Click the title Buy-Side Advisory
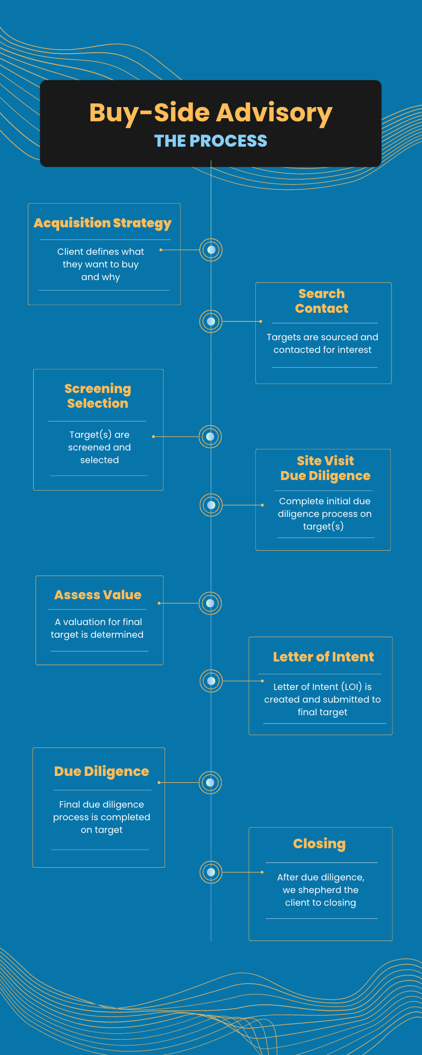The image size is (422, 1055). click(210, 113)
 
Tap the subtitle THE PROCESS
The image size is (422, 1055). click(210, 141)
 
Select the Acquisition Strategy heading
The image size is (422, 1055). click(103, 223)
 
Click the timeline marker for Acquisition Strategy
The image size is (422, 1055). click(211, 250)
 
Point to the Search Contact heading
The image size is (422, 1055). click(322, 301)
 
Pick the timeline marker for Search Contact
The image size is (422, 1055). click(211, 321)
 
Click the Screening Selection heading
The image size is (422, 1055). click(98, 396)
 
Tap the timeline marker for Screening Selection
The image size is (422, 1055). click(210, 437)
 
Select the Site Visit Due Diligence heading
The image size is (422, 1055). click(325, 468)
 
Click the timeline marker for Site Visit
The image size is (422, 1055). click(211, 505)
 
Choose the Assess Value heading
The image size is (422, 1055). click(98, 595)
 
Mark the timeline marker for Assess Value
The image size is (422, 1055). click(210, 603)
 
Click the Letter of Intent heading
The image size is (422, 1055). click(323, 657)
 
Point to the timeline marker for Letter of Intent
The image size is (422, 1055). click(211, 681)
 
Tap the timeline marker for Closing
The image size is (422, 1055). click(211, 872)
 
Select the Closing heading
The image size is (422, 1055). click(320, 843)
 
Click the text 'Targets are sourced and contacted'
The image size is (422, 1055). click(322, 343)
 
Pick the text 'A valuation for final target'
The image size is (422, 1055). click(98, 628)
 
